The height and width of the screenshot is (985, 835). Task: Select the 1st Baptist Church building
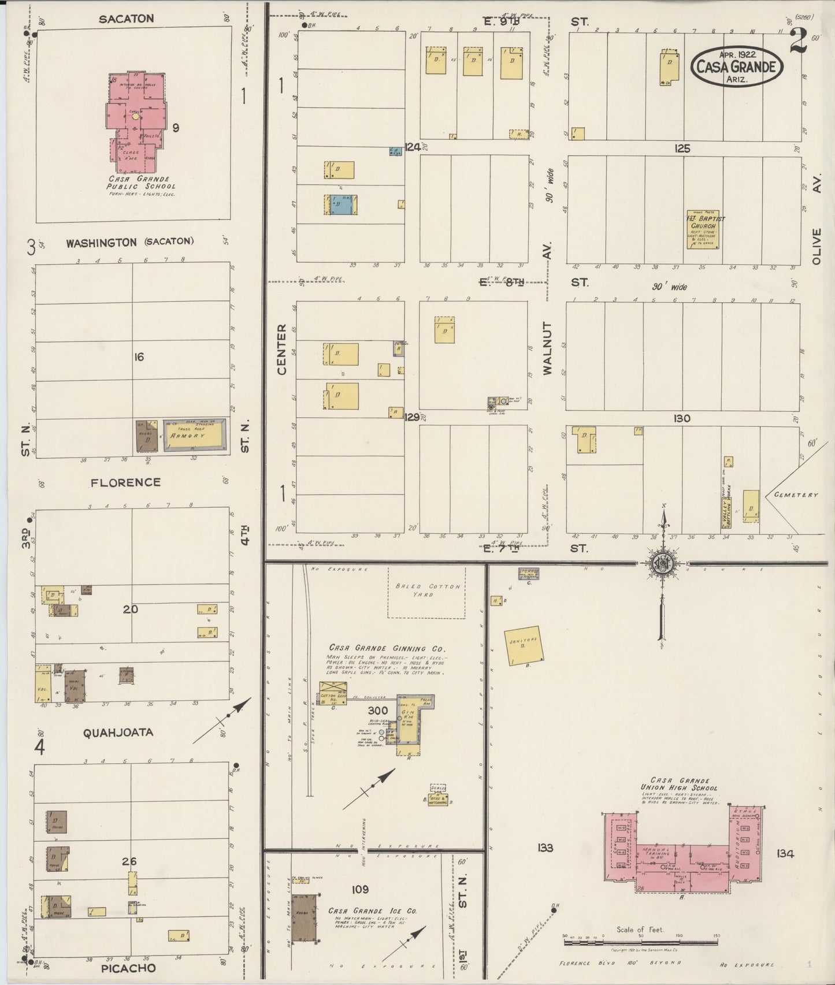702,229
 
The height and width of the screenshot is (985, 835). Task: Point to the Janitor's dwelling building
523,645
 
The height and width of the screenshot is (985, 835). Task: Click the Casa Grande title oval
737,66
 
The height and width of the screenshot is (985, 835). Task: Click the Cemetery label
797,495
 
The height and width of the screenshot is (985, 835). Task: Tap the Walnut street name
547,348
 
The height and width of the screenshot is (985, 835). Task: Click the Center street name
281,349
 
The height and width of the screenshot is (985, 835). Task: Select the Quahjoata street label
118,732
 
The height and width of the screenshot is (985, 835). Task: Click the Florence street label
125,482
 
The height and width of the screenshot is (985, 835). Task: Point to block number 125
682,148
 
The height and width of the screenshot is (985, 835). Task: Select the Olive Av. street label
816,247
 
